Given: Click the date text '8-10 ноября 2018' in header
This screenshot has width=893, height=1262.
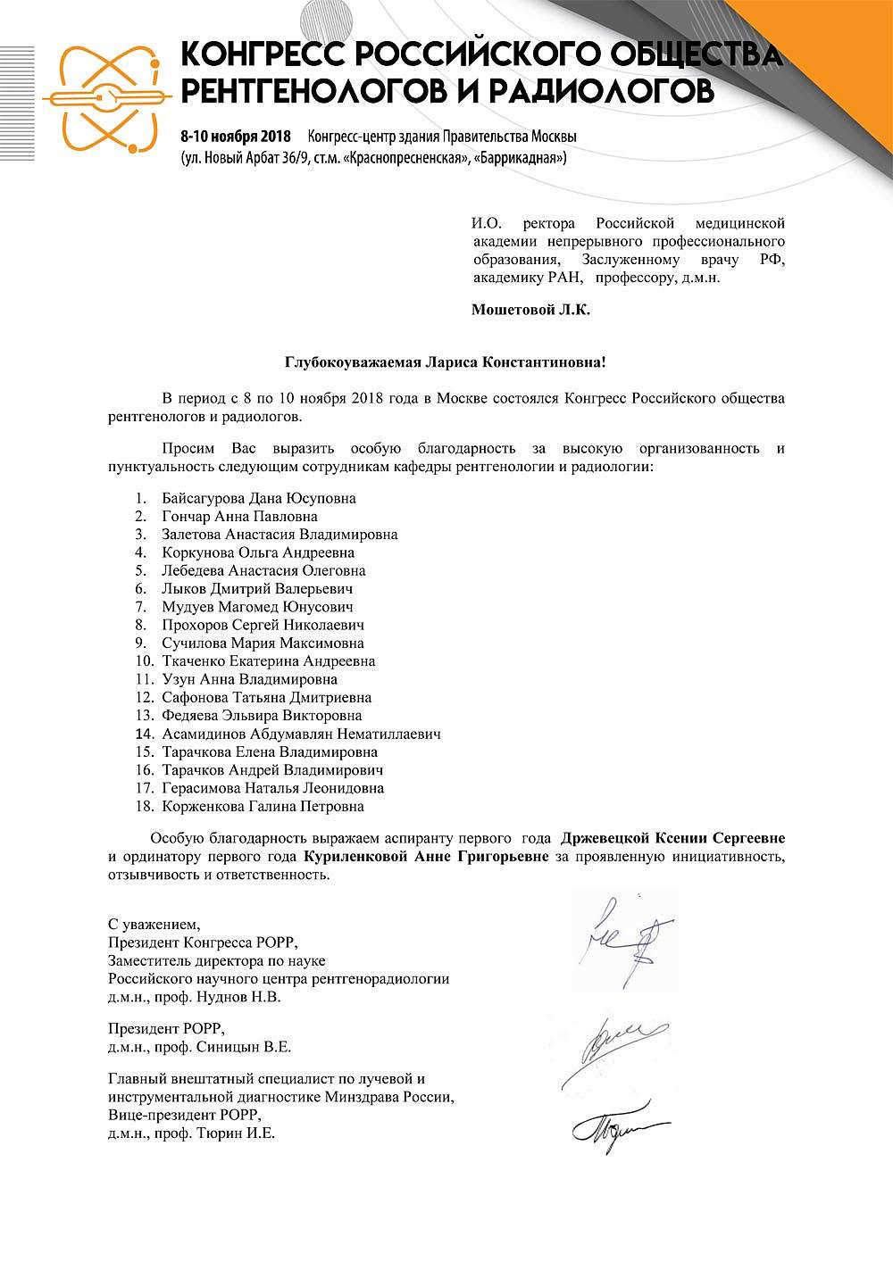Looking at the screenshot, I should [x=236, y=137].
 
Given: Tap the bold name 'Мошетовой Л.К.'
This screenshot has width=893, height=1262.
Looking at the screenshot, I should [x=530, y=311].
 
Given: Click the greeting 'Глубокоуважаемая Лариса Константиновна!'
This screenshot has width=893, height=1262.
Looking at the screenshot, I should [x=446, y=362].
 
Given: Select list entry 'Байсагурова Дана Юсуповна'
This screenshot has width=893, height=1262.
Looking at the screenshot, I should [x=259, y=498].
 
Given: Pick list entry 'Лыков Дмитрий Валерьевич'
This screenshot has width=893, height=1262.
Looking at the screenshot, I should [x=257, y=589].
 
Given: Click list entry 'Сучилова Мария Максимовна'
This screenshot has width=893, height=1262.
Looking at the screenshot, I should [x=263, y=643].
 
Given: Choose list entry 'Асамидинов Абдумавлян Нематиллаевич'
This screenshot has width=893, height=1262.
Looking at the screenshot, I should [x=301, y=734].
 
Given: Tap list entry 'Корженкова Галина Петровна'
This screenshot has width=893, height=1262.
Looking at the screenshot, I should [x=263, y=807].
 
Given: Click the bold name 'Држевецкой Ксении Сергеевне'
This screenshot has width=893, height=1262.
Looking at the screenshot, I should [x=672, y=838].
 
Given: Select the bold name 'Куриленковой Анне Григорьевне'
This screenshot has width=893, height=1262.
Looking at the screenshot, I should [x=426, y=857].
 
